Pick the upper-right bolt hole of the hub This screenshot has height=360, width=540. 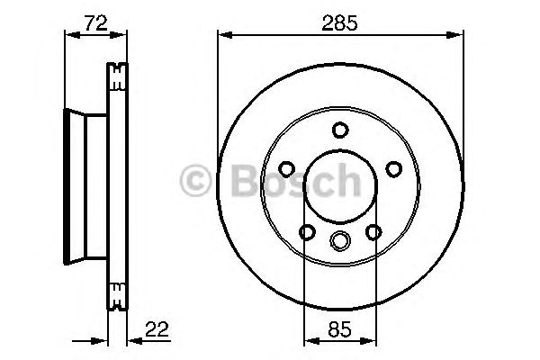(392, 168)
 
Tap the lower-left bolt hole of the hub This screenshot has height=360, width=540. (307, 233)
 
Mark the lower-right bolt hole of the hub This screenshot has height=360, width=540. (372, 233)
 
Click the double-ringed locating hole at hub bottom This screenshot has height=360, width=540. (339, 240)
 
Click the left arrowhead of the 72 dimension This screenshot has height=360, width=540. (67, 35)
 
